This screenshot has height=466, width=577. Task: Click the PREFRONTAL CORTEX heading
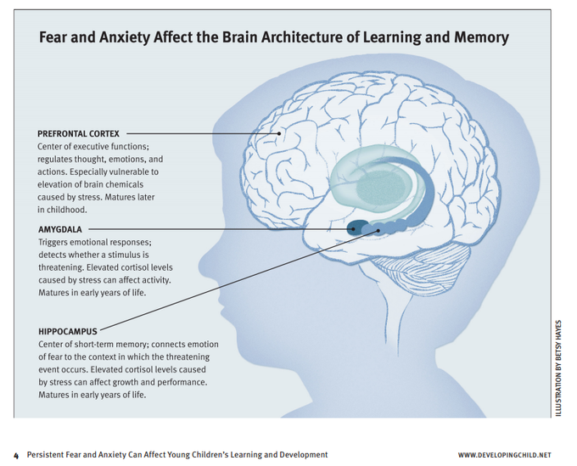pyautogui.click(x=83, y=133)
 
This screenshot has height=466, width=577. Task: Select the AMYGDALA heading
pyautogui.click(x=60, y=229)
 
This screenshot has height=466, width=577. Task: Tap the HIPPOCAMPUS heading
pyautogui.click(x=69, y=331)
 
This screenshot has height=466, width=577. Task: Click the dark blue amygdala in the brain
pyautogui.click(x=359, y=227)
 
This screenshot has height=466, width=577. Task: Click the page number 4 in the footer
pyautogui.click(x=15, y=455)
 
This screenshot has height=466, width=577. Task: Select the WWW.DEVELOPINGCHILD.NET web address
pyautogui.click(x=509, y=455)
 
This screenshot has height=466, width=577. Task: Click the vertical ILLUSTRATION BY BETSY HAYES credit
pyautogui.click(x=559, y=365)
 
